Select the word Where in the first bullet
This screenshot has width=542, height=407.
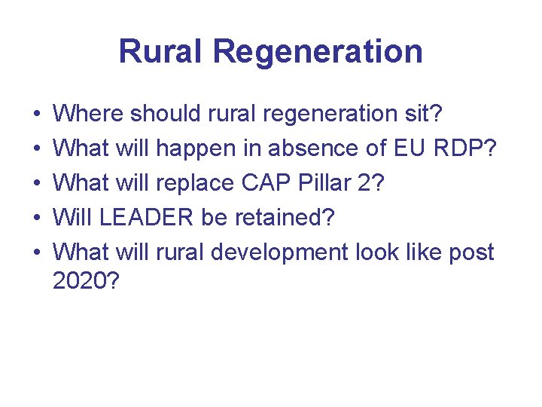coord(89,114)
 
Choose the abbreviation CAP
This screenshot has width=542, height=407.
coord(260,183)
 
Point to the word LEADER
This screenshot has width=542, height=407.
coord(144,218)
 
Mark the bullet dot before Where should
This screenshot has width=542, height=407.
coord(37,115)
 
